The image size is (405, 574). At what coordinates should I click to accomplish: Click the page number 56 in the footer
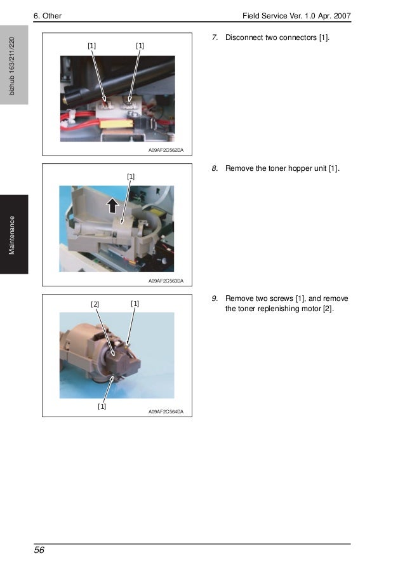pyautogui.click(x=39, y=550)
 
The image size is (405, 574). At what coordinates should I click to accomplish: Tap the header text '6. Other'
pyautogui.click(x=48, y=16)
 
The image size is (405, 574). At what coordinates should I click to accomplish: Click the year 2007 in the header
pyautogui.click(x=342, y=16)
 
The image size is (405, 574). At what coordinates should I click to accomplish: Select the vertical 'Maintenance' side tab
pyautogui.click(x=12, y=235)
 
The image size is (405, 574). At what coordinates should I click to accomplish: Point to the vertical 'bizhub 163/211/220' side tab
pyautogui.click(x=12, y=66)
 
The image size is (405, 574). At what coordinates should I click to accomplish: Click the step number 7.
pyautogui.click(x=215, y=37)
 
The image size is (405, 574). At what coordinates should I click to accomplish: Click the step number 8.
pyautogui.click(x=215, y=168)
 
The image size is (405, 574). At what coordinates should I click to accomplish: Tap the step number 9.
pyautogui.click(x=215, y=298)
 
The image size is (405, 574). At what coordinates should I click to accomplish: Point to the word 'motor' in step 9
pyautogui.click(x=311, y=309)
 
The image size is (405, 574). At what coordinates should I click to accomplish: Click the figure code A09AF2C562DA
pyautogui.click(x=166, y=150)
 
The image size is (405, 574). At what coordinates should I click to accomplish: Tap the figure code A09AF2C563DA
pyautogui.click(x=166, y=281)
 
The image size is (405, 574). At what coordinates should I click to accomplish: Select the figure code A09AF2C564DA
pyautogui.click(x=166, y=411)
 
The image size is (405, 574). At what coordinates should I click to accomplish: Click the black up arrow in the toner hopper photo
pyautogui.click(x=112, y=205)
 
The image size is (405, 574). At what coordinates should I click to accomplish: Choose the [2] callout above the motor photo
pyautogui.click(x=95, y=304)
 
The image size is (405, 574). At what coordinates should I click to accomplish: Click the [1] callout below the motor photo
pyautogui.click(x=102, y=406)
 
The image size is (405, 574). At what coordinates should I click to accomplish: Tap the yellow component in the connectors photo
pyautogui.click(x=116, y=124)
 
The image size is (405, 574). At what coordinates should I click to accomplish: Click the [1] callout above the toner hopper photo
pyautogui.click(x=131, y=177)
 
